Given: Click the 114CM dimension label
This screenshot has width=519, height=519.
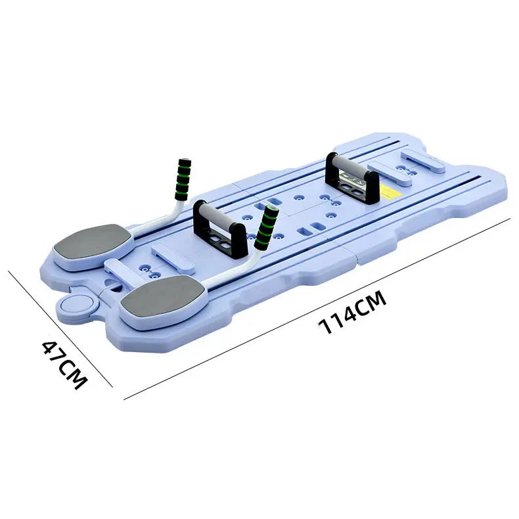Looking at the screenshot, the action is pyautogui.click(x=352, y=312).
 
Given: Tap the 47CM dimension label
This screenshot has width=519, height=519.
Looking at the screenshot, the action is pyautogui.click(x=65, y=364).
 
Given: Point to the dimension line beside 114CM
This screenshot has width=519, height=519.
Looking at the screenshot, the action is pyautogui.click(x=317, y=309).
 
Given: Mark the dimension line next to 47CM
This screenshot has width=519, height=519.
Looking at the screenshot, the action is pyautogui.click(x=60, y=329).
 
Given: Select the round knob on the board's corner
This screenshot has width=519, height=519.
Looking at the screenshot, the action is pyautogui.click(x=77, y=304).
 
